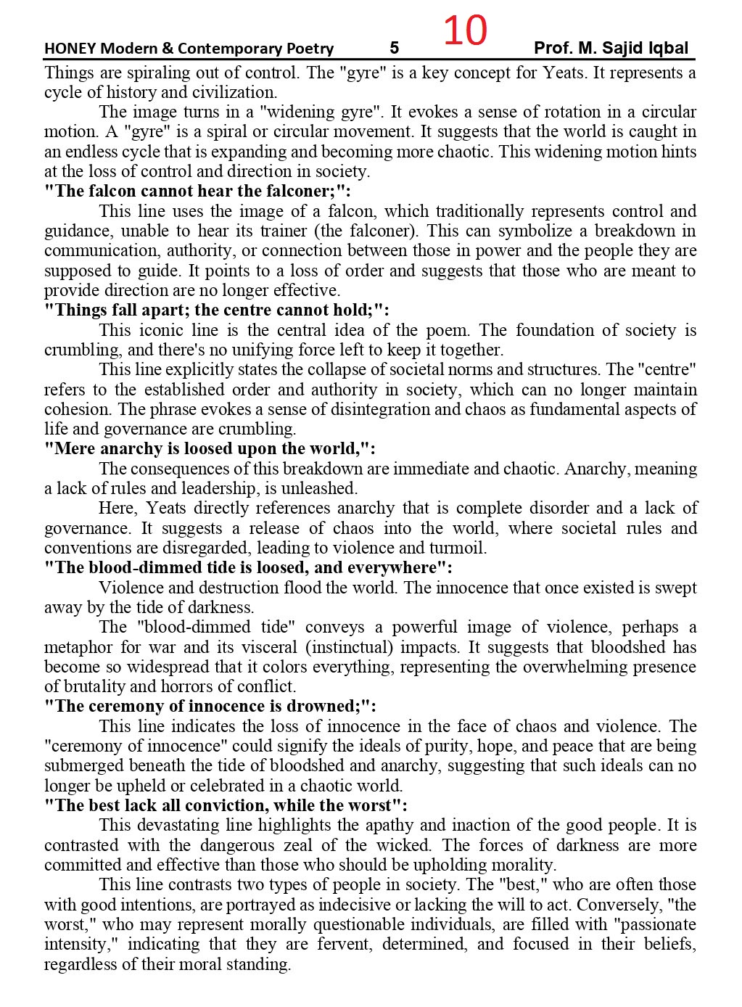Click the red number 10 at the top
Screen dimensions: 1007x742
click(465, 30)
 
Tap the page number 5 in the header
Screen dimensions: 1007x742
click(394, 49)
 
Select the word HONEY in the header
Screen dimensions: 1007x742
click(70, 49)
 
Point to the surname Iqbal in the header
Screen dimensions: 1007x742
click(667, 49)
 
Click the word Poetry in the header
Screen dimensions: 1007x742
click(308, 49)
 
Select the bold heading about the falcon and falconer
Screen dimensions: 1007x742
click(197, 192)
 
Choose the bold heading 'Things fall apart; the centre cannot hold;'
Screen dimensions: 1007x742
click(217, 311)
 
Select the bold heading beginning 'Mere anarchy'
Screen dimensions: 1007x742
click(210, 449)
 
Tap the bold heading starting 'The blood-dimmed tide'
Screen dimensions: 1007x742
click(248, 568)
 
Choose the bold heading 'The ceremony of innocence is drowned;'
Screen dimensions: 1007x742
click(210, 707)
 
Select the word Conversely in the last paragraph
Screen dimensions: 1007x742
click(624, 905)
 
